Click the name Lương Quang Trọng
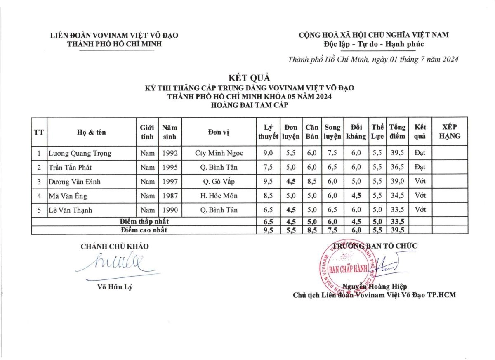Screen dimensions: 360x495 pyautogui.click(x=80, y=153)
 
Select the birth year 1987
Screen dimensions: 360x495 pyautogui.click(x=170, y=196)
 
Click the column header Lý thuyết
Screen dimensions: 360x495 pyautogui.click(x=268, y=132)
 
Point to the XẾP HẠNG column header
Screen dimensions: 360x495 pyautogui.click(x=450, y=132)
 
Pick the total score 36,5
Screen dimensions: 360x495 pyautogui.click(x=397, y=167)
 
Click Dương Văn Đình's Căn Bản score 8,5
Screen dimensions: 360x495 pyautogui.click(x=312, y=182)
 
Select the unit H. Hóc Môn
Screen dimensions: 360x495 pyautogui.click(x=219, y=196)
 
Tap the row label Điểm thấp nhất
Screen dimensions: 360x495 pyautogui.click(x=144, y=221)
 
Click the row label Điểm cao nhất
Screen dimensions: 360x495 pyautogui.click(x=144, y=230)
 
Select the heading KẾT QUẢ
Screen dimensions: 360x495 pyautogui.click(x=249, y=77)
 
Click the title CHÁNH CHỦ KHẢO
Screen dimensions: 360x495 pyautogui.click(x=115, y=246)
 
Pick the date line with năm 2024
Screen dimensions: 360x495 pyautogui.click(x=373, y=59)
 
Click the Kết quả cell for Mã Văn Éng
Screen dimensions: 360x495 pyautogui.click(x=420, y=196)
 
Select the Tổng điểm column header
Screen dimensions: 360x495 pyautogui.click(x=397, y=132)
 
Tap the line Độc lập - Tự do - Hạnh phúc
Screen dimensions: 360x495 pyautogui.click(x=374, y=44)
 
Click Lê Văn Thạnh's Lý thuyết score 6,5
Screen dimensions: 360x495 pyautogui.click(x=268, y=210)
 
